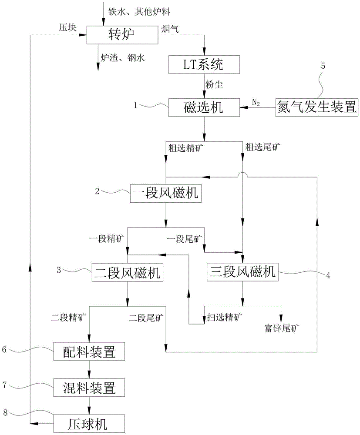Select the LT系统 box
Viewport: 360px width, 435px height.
pos(204,66)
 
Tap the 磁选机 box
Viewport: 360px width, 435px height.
pos(204,107)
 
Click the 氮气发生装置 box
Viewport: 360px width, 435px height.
pos(317,107)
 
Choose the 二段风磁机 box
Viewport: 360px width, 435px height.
pos(127,273)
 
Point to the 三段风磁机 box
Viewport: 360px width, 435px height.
pos(242,273)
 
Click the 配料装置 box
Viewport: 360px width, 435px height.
pos(89,351)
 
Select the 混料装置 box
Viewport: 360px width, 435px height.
pos(89,386)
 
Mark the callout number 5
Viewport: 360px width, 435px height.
pos(323,66)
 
